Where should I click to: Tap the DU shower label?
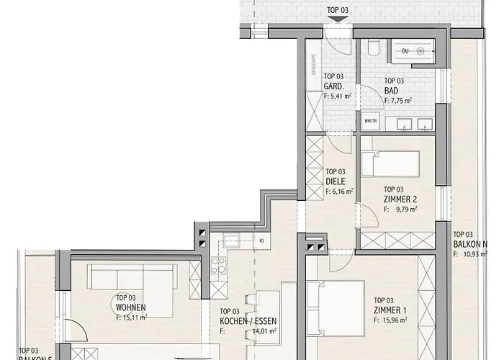click(x=405, y=50)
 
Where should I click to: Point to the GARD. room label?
click(x=333, y=86)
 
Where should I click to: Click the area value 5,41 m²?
click(x=338, y=95)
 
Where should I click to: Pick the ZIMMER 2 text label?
click(x=401, y=199)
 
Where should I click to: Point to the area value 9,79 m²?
click(x=405, y=210)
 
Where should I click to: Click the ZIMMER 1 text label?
click(x=390, y=310)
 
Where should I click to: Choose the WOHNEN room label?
click(x=130, y=307)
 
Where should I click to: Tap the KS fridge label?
click(x=261, y=241)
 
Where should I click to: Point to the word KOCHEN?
click(x=233, y=321)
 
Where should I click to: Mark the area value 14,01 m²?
click(x=258, y=331)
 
